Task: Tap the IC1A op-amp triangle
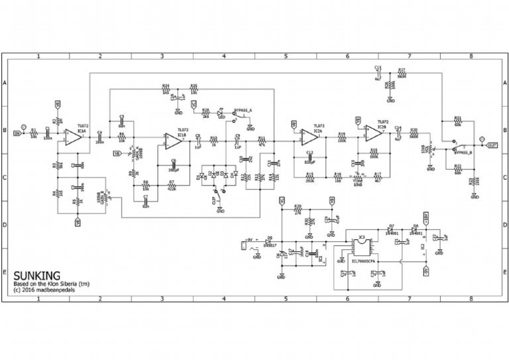coord(72,137)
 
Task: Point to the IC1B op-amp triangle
coord(172,140)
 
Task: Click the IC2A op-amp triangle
coord(309,135)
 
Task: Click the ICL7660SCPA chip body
coord(361,249)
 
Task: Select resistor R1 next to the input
coord(34,133)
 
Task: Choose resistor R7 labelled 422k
coord(172,186)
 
